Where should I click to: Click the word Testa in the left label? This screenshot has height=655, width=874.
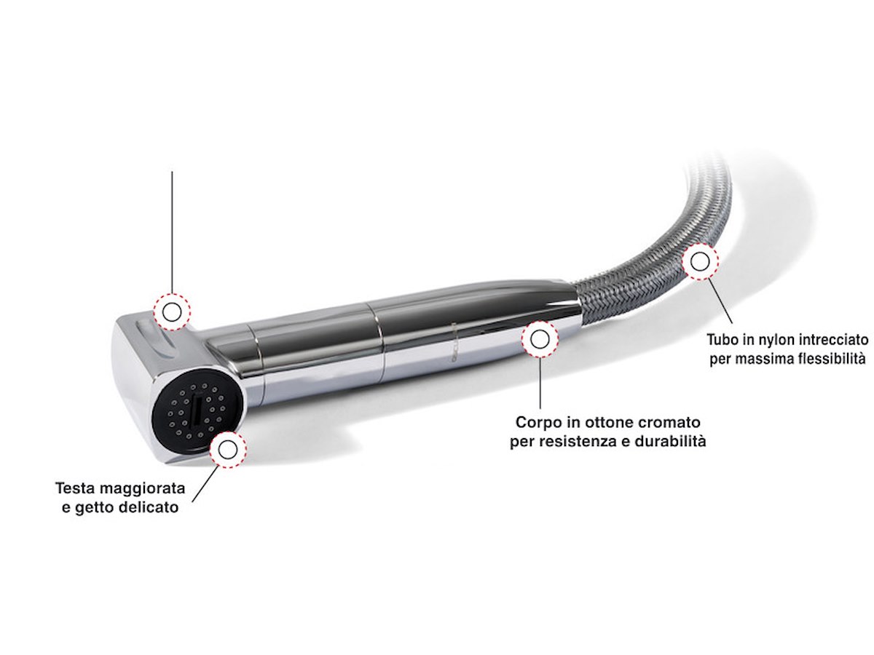(76, 488)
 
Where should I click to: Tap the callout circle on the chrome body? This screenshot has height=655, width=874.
(540, 338)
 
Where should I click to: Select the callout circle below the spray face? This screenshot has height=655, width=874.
(228, 450)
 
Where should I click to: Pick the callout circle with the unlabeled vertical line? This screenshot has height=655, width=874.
(172, 312)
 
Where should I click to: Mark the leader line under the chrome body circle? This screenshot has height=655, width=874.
(540, 382)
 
